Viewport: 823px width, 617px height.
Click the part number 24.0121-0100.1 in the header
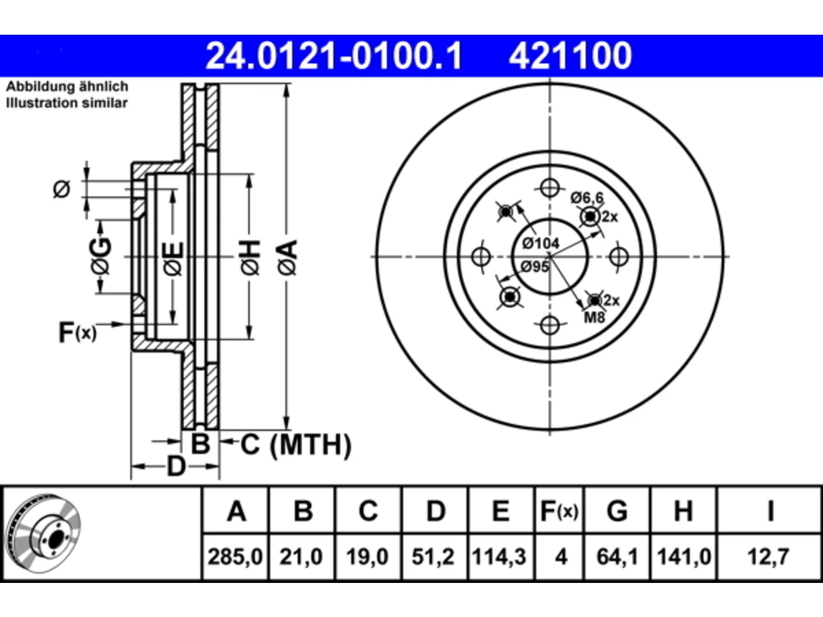tap(334, 56)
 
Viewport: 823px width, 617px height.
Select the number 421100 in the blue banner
tap(570, 56)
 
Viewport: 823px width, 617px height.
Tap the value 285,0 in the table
tap(235, 557)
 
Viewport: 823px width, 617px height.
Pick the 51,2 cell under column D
tap(433, 557)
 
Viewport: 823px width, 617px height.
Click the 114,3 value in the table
tap(499, 557)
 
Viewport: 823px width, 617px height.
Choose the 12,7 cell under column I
tap(768, 557)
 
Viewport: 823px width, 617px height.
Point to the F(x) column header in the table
tap(559, 511)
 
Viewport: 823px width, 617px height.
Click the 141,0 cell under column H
tap(684, 557)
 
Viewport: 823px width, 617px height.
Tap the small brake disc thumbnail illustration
tap(44, 533)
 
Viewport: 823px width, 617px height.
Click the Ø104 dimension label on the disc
tap(541, 244)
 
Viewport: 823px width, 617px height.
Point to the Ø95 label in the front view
tap(535, 267)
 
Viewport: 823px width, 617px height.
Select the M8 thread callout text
tap(595, 317)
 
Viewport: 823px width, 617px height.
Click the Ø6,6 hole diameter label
tap(587, 197)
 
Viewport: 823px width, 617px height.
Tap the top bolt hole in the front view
tap(550, 188)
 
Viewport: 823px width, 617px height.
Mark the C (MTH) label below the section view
tap(296, 445)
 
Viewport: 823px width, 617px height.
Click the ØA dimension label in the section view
tap(288, 258)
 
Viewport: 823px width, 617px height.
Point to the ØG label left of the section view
tap(100, 256)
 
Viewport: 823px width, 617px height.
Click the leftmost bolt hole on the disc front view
tap(481, 256)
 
